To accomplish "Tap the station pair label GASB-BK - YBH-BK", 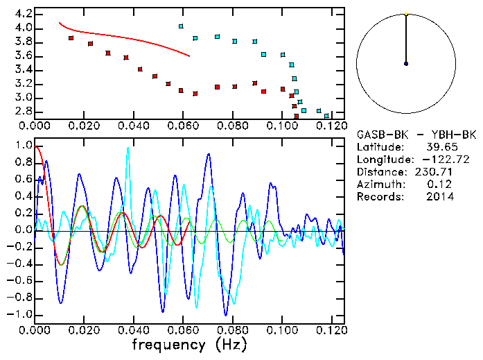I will [x=405, y=134].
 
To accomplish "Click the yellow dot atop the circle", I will [x=406, y=14].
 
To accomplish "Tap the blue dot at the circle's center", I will [x=406, y=64].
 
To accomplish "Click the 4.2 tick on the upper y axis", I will [x=24, y=14].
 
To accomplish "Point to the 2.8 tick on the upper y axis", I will [x=24, y=111].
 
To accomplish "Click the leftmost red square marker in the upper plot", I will [x=71, y=38].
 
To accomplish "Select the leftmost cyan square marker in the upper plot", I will [x=181, y=26].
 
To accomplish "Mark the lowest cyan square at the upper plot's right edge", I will [x=326, y=115].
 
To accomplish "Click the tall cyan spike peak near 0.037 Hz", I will [x=128, y=148].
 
